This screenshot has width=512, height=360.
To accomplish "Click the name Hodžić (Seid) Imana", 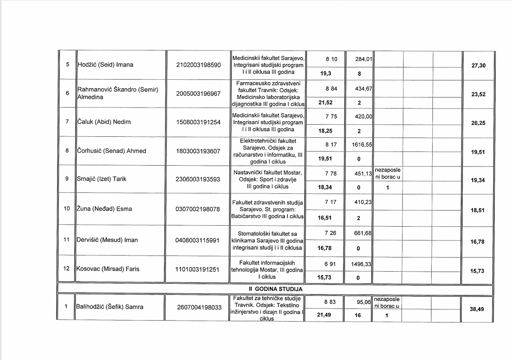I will pyautogui.click(x=105, y=65).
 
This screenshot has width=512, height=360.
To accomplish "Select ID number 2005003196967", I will pyautogui.click(x=198, y=93).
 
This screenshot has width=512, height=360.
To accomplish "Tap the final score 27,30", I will pyautogui.click(x=478, y=65).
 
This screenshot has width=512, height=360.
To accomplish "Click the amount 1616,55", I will pyautogui.click(x=363, y=144).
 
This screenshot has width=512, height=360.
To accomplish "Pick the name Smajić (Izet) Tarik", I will pyautogui.click(x=101, y=179).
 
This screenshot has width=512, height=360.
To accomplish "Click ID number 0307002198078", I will pyautogui.click(x=198, y=209).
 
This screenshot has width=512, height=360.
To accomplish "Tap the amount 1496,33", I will pyautogui.click(x=363, y=264).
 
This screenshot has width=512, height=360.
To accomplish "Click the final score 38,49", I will pyautogui.click(x=478, y=309).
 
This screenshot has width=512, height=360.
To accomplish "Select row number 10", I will pyautogui.click(x=67, y=209).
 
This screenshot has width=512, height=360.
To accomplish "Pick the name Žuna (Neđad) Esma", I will pyautogui.click(x=104, y=209).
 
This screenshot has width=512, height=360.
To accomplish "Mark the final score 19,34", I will pyautogui.click(x=478, y=179).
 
